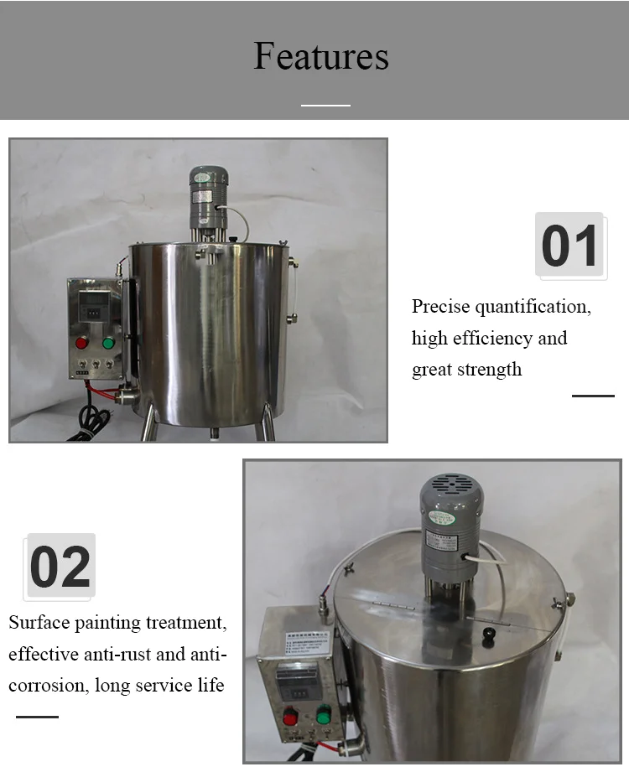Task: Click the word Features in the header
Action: [321, 56]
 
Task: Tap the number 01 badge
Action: [569, 246]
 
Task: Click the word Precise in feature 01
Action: [441, 307]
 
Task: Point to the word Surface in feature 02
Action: [39, 623]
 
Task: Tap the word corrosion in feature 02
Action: [47, 686]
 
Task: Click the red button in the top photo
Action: [82, 342]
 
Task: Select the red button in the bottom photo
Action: [291, 718]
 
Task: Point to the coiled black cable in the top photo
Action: [94, 417]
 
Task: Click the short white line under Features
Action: [325, 106]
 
